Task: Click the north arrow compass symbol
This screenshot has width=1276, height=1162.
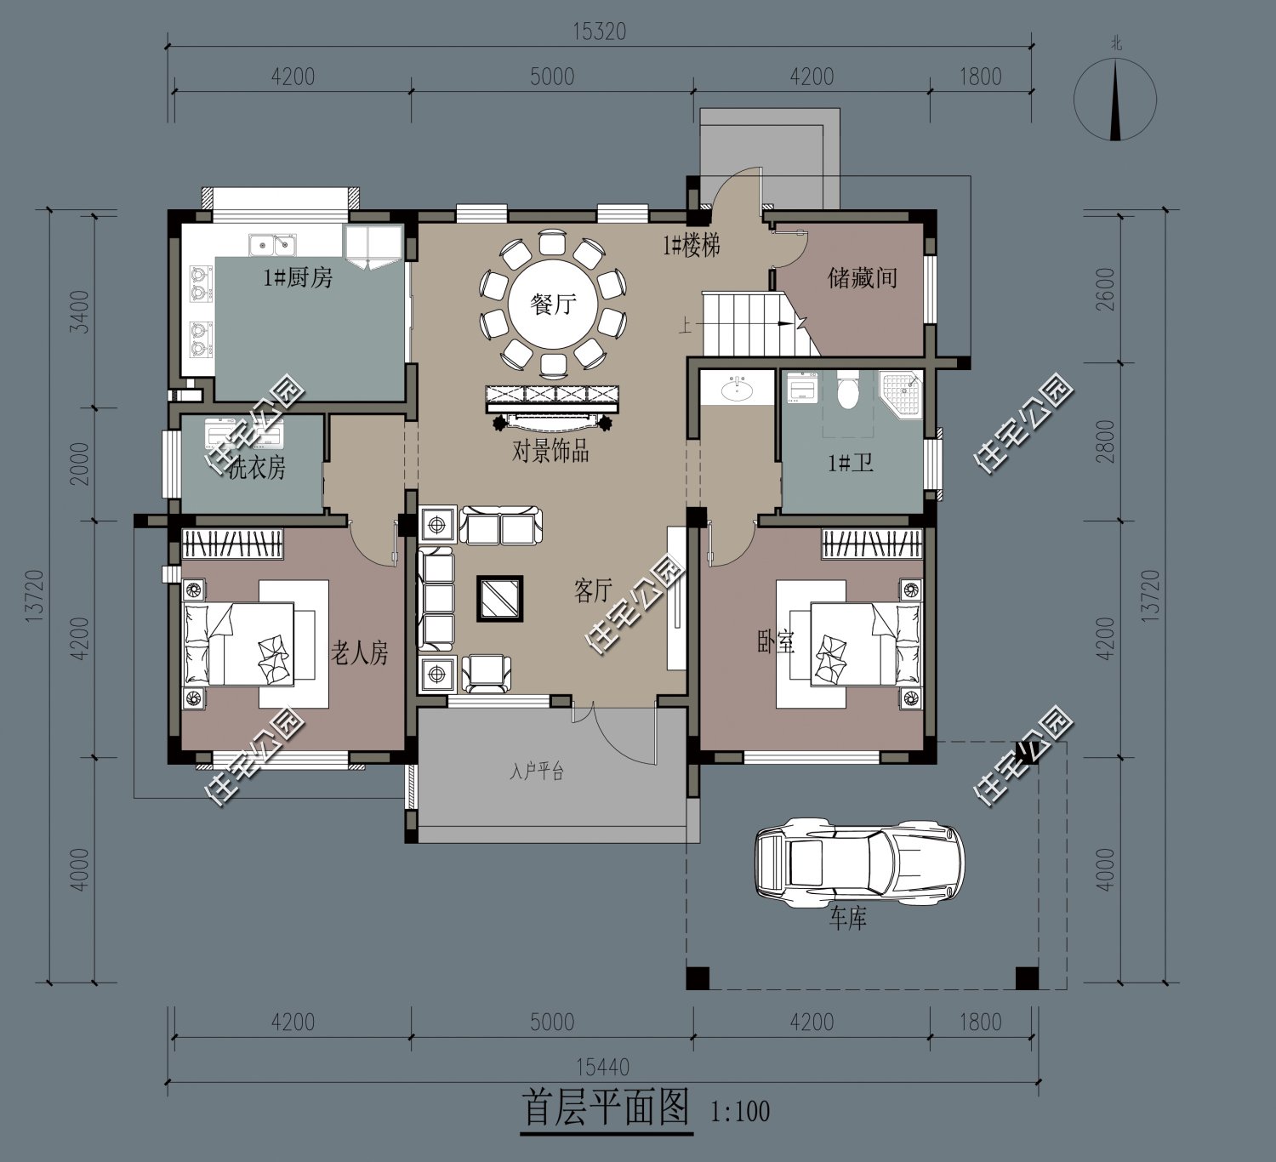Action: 1114,100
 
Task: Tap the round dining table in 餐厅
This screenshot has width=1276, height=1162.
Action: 552,304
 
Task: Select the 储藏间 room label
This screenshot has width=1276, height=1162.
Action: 862,278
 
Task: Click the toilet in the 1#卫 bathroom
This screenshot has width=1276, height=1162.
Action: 847,392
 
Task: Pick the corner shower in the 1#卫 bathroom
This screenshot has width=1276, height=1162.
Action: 901,392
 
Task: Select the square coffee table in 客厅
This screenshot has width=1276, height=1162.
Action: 499,599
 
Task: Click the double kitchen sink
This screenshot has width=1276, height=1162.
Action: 272,245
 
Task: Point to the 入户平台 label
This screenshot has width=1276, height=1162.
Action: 537,772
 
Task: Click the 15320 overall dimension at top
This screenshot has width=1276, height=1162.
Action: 599,31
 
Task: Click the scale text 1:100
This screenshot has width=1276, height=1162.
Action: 739,1112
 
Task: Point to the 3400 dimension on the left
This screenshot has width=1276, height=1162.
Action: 78,310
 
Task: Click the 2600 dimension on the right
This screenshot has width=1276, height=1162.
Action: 1105,289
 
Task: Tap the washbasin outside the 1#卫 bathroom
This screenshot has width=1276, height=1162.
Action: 736,390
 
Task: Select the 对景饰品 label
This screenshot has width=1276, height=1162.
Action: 550,451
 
